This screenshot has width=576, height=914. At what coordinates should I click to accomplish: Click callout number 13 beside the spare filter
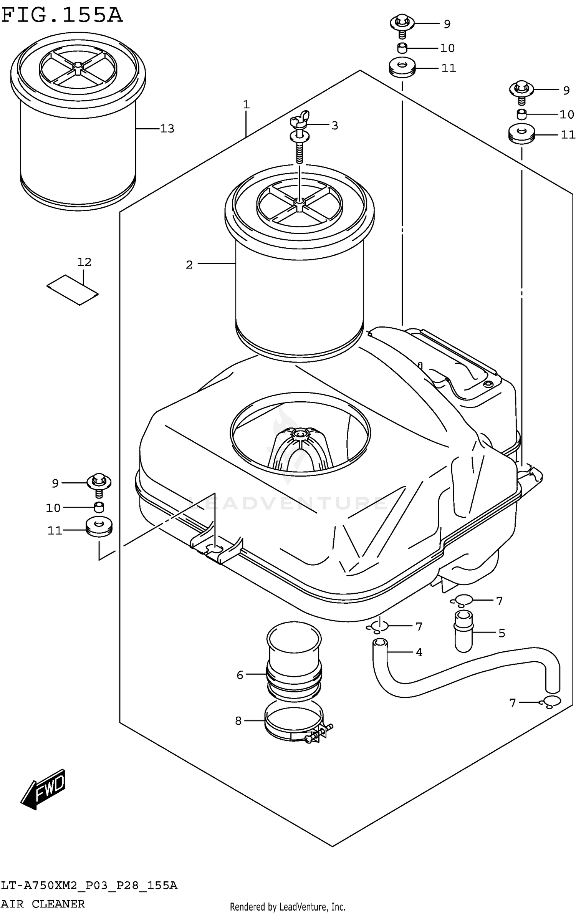click(167, 129)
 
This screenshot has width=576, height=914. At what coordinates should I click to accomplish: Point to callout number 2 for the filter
click(189, 265)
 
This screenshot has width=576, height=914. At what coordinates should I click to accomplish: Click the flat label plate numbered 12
click(73, 290)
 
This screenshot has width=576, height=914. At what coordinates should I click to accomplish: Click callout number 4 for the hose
click(419, 652)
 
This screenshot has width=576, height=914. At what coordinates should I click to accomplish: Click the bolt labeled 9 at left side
click(99, 484)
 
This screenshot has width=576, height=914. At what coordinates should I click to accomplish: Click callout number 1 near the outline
click(246, 104)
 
